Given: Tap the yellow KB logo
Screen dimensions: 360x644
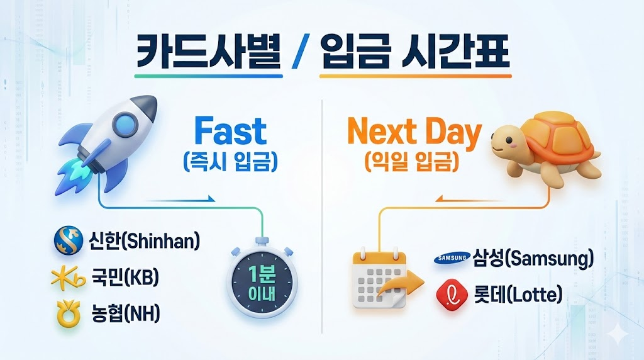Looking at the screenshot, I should click(x=67, y=278).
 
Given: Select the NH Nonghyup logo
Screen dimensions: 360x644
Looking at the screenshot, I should click(x=67, y=313).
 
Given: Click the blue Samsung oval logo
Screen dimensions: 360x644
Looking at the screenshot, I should click(x=450, y=258).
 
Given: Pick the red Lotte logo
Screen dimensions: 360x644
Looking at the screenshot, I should click(x=450, y=294).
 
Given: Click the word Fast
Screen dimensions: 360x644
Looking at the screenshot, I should click(x=231, y=132).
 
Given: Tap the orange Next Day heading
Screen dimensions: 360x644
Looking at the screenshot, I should click(x=414, y=132).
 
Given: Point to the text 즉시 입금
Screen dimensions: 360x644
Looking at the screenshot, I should click(x=231, y=162).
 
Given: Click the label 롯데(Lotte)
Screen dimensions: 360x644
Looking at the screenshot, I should click(x=517, y=294).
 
